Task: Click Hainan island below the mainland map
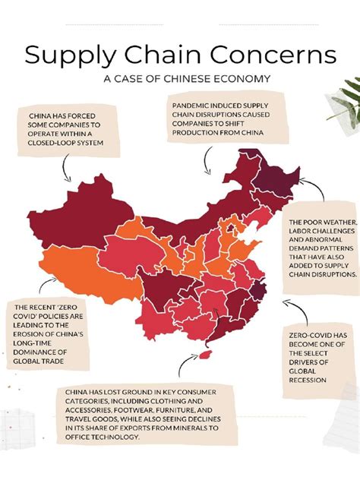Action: pos(204,355)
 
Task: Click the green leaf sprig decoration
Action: pos(342,99)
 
